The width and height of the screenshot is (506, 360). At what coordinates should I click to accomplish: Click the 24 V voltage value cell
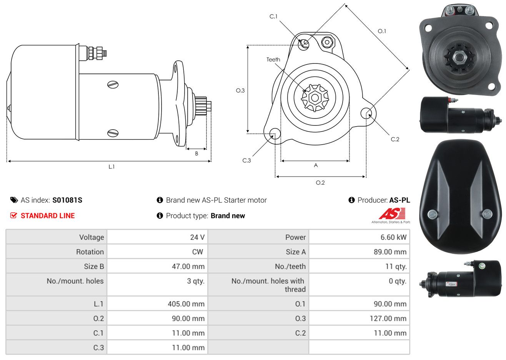[x=197, y=237]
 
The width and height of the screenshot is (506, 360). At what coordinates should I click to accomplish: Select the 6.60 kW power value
[x=393, y=237]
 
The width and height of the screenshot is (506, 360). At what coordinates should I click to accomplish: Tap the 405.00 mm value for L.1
[x=186, y=304]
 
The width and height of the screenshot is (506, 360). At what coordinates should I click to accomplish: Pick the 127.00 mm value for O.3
[x=388, y=318]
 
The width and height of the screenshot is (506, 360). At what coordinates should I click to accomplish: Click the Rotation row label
[x=90, y=252]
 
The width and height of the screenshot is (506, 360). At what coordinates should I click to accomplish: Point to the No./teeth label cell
[x=290, y=267]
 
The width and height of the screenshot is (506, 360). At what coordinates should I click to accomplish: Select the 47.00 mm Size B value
[x=188, y=267]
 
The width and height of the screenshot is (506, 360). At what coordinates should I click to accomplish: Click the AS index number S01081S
[x=67, y=200]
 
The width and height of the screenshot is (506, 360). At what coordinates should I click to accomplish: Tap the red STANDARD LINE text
[x=48, y=216]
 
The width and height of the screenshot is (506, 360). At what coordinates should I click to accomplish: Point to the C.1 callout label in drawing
[x=273, y=17]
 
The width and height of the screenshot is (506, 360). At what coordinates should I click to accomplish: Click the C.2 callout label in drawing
[x=395, y=139]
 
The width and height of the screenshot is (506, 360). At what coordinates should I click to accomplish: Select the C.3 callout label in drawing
[x=246, y=160]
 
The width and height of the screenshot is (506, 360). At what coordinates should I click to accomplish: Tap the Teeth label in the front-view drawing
[x=273, y=60]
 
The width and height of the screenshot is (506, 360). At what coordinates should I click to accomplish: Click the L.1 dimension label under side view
[x=112, y=167]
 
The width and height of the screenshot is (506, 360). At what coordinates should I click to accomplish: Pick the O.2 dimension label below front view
[x=320, y=183]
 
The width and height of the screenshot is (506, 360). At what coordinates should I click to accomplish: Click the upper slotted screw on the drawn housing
[x=113, y=85]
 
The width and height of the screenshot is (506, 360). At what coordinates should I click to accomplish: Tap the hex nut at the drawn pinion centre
[x=315, y=98]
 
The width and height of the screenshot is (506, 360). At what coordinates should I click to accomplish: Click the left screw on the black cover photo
[x=433, y=214]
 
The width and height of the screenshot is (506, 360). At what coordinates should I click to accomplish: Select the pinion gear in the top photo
[x=458, y=57]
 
